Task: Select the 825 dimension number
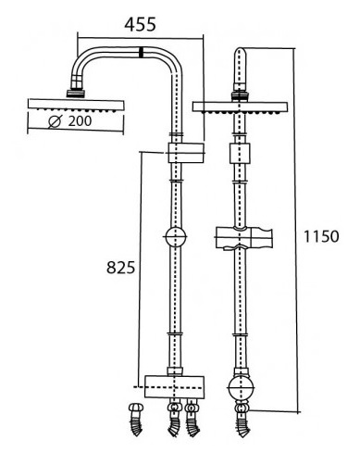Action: [120, 268]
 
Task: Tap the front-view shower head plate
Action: [240, 105]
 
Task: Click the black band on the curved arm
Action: [139, 52]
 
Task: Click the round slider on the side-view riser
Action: [174, 238]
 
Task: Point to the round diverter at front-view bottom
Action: [240, 383]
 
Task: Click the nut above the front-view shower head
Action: [240, 94]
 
